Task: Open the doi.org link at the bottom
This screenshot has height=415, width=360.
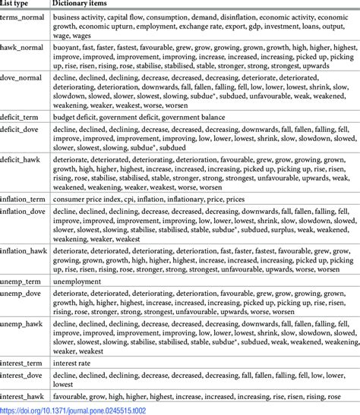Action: point(69,410)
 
